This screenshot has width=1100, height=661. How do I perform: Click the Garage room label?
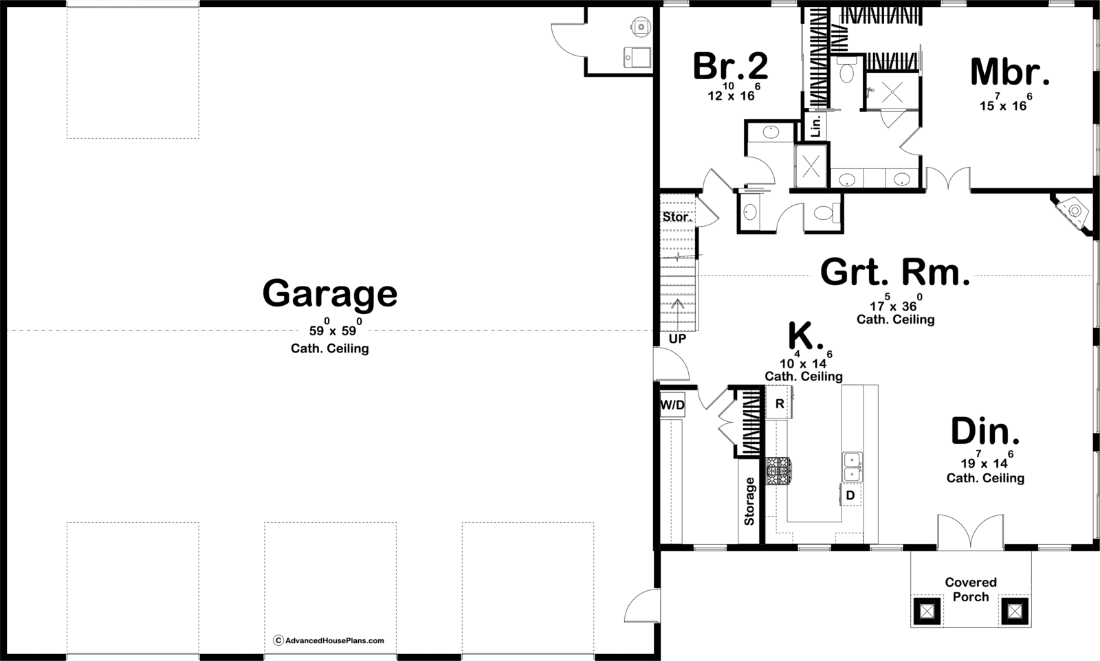coord(330,293)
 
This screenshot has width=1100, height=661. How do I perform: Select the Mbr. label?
coord(1010,72)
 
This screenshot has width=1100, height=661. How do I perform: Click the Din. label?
coord(985,431)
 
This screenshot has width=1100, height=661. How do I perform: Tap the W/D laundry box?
coord(672,405)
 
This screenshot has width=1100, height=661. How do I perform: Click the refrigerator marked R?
coord(780,403)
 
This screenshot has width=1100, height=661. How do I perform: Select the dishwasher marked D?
coord(850,495)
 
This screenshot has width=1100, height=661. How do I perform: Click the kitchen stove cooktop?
coord(780,471)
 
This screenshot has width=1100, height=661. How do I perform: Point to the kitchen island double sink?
coord(852,467)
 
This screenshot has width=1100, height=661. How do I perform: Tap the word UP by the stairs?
coord(677,339)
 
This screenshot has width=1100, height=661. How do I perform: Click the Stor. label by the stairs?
coord(677,216)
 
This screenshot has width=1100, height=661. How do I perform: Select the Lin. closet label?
coord(816,126)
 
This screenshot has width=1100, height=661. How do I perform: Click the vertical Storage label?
coord(749,501)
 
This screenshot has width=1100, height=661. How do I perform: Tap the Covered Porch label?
coord(970,590)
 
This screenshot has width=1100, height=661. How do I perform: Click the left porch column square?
coord(927,611)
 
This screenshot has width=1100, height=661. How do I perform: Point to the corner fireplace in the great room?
coord(1073,212)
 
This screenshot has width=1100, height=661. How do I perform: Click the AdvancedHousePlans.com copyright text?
coord(329,640)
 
